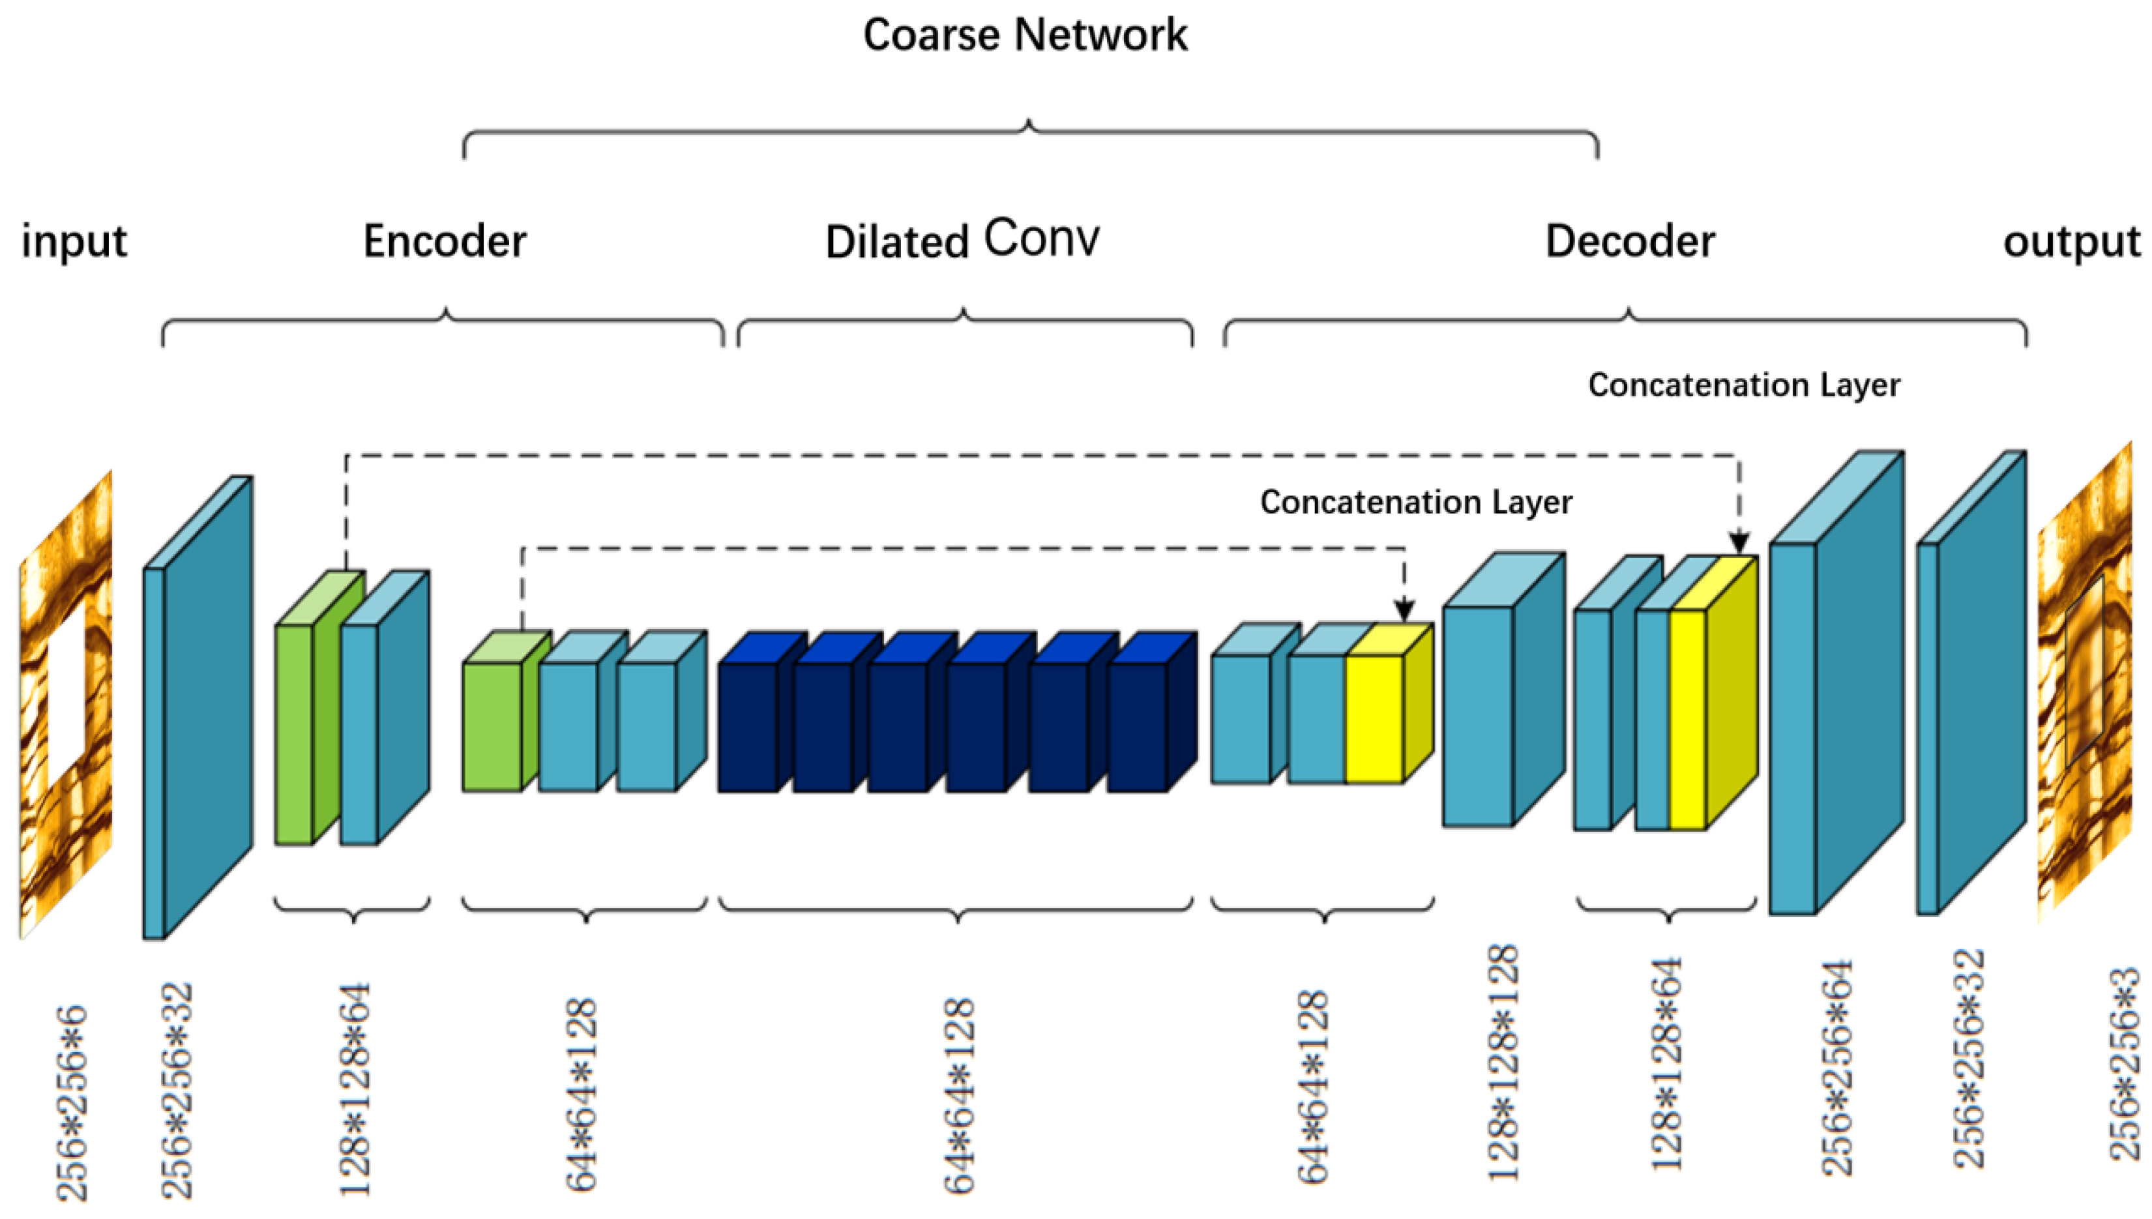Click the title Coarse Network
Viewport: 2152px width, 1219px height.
[1025, 35]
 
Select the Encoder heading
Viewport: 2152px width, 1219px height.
[445, 241]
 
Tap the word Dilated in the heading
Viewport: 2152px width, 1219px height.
[896, 242]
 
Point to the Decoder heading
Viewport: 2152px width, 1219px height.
[1629, 241]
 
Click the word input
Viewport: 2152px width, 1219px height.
[74, 242]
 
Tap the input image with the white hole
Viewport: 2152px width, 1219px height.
[65, 703]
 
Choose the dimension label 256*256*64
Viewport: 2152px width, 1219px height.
[1837, 1068]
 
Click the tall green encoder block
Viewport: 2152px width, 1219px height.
[295, 733]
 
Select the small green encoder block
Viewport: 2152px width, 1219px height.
[492, 725]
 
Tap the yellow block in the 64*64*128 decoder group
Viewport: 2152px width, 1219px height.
[1374, 718]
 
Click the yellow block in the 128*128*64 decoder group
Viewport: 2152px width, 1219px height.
[1687, 718]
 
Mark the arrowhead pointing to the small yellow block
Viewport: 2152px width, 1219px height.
[1404, 609]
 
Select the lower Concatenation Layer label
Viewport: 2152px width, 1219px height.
[1415, 503]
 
